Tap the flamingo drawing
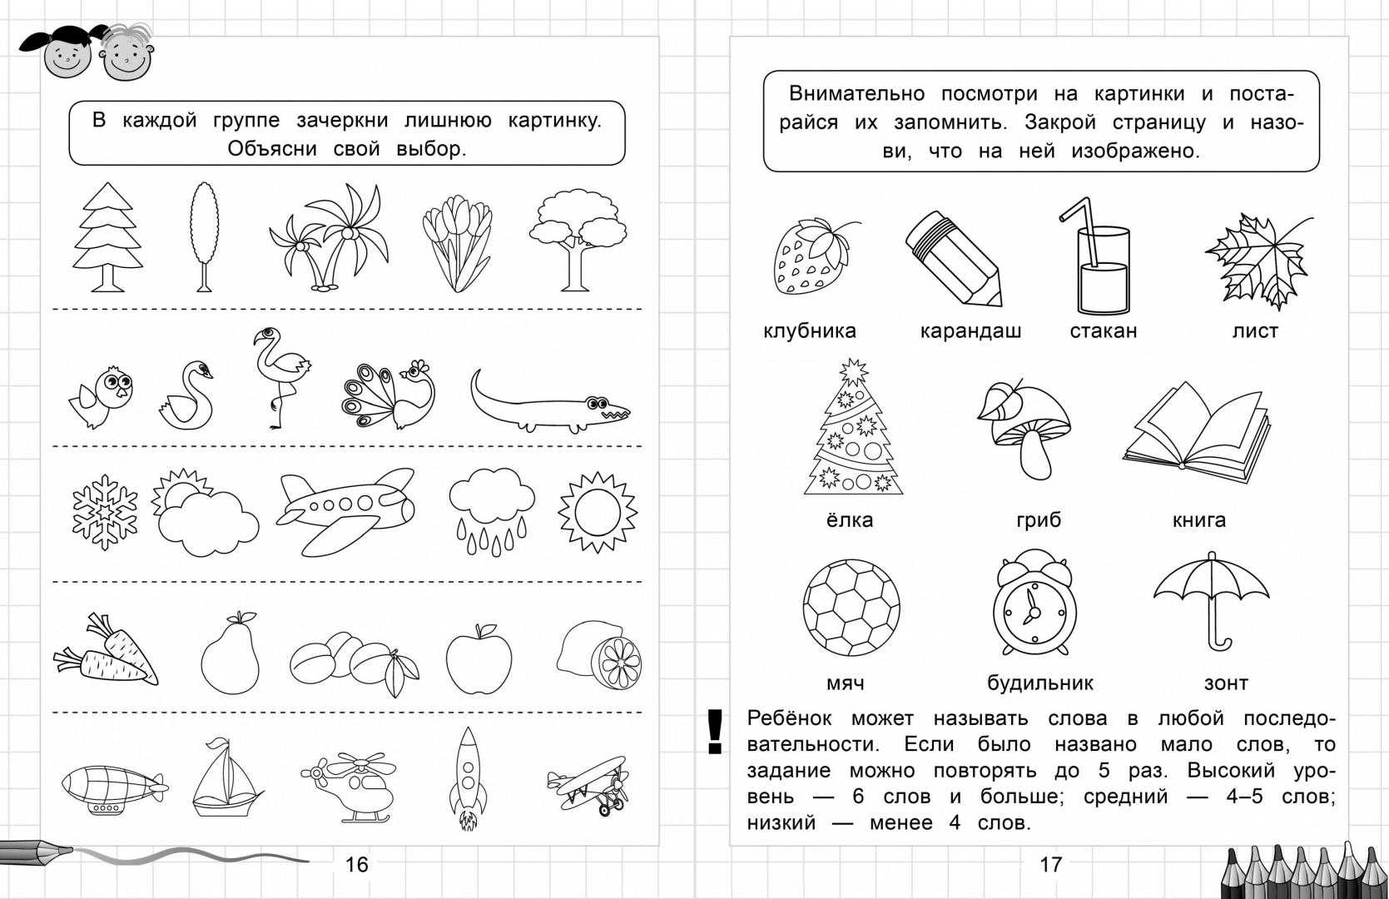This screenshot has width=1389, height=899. click(279, 375)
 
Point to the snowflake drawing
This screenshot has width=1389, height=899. click(104, 512)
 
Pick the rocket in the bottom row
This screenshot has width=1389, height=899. click(467, 778)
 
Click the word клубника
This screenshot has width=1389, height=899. click(809, 331)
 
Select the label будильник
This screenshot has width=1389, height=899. click(1039, 684)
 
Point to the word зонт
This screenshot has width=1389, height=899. click(1225, 684)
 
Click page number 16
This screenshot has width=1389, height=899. click(356, 865)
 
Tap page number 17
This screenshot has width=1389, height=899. click(1050, 865)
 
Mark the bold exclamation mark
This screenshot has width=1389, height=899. click(714, 732)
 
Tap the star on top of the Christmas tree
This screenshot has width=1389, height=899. click(852, 371)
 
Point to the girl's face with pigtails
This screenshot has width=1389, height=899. click(65, 57)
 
